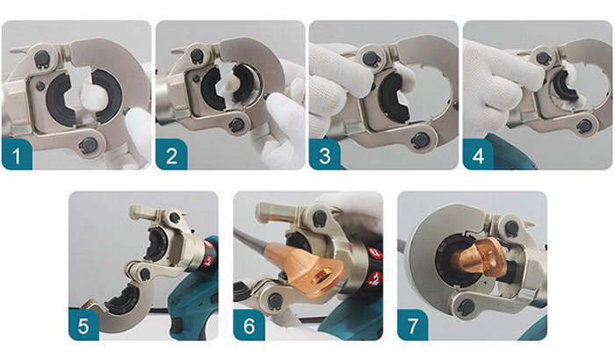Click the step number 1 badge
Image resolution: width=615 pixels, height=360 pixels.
coord(17,155)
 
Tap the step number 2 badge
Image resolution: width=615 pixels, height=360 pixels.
coord(171,155)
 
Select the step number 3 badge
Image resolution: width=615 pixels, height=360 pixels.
coord(325,155)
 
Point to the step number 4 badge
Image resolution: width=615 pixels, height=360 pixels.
coord(478,155)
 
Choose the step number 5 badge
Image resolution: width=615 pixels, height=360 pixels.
coord(83,325)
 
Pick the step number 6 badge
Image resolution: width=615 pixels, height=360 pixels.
coord(249,325)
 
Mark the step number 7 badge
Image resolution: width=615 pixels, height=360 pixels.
coord(413,325)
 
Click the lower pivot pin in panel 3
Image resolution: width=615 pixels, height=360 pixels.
coord(421,140)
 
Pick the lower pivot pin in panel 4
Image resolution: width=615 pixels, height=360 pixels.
coord(583,126)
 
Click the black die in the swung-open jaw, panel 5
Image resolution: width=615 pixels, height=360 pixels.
coord(121,301)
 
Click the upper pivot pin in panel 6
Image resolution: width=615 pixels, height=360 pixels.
coord(321,217)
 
